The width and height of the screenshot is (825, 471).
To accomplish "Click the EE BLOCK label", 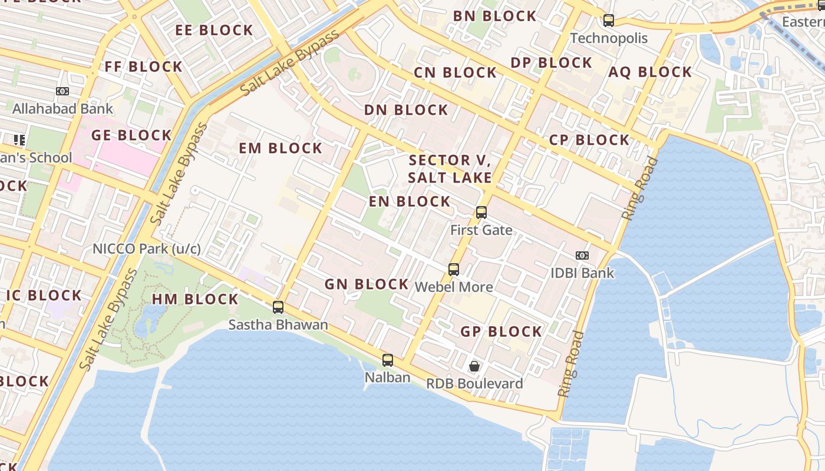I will tap(214, 30).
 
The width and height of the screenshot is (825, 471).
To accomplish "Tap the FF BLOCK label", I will tap(143, 67).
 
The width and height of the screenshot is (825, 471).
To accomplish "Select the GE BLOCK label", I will tap(131, 135).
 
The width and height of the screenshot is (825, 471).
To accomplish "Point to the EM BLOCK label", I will tap(280, 148).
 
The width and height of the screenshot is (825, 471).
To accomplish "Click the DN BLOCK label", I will tap(406, 110).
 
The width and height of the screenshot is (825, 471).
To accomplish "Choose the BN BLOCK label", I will tap(494, 16).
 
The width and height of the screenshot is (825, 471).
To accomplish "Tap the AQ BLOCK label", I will tap(650, 72).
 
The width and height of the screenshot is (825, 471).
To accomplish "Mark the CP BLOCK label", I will tap(589, 140).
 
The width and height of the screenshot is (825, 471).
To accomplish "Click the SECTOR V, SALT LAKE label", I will tap(450, 168).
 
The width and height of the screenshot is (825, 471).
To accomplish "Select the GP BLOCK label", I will tap(501, 331).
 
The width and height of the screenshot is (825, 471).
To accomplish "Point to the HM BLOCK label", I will tap(195, 299).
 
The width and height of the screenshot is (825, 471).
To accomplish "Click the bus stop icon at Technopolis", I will tap(609, 21).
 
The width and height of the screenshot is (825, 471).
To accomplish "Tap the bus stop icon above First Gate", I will tap(481, 213).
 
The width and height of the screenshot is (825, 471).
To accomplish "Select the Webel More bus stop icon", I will tap(454, 270).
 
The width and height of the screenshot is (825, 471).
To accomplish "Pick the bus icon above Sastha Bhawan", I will tap(278, 307).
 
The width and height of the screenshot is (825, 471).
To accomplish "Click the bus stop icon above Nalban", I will tap(388, 360).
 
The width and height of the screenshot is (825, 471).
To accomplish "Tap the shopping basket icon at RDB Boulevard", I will tap(474, 366).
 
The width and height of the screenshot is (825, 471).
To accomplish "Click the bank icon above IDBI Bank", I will tap(582, 256).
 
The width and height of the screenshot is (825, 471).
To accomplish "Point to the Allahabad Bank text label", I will tap(62, 109).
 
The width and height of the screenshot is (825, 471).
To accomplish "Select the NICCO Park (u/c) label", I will tap(147, 248).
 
